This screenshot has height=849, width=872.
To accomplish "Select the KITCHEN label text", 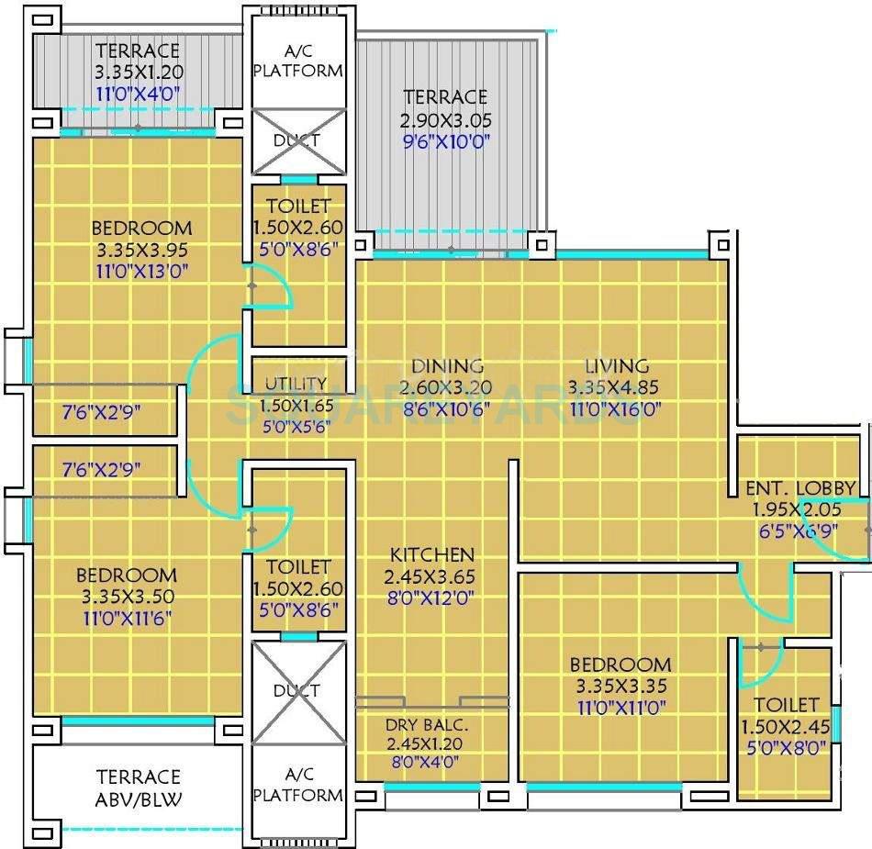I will coord(432,554).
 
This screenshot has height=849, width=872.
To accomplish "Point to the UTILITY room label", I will coord(296,384).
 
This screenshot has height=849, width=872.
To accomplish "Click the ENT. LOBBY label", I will coord(800,487).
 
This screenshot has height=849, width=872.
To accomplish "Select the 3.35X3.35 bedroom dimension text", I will coord(620,686).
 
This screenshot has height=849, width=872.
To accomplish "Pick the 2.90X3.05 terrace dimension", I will coord(445,119).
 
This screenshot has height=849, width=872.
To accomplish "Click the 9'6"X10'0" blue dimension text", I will coord(445,141).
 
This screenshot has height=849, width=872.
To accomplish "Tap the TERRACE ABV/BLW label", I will coord(139,788).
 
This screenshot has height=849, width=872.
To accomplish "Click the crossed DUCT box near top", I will coord(297,140).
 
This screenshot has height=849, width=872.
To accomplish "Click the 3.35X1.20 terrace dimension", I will coord(138,72).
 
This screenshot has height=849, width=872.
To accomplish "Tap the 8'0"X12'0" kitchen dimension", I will coord(431,598).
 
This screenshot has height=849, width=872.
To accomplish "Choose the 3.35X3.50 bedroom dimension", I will coord(127,597).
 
